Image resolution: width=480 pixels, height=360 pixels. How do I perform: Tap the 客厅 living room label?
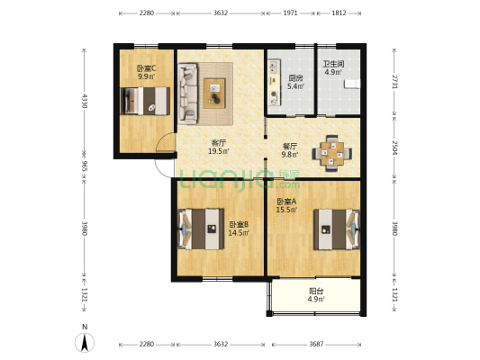(x=218, y=143)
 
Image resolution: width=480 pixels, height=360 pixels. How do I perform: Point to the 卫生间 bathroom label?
(x=333, y=64)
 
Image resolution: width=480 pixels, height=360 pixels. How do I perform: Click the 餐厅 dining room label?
(x=289, y=145)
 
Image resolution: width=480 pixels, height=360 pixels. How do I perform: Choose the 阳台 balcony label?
(x=316, y=291)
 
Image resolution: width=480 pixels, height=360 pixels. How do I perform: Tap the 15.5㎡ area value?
(x=287, y=210)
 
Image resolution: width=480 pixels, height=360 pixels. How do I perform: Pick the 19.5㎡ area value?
(x=218, y=152)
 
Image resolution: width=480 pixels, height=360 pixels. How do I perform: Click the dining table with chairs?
(x=331, y=153)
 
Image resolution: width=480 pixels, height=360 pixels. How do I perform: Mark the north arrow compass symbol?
(x=85, y=341)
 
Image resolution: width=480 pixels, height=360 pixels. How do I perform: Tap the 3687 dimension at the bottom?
(x=314, y=345)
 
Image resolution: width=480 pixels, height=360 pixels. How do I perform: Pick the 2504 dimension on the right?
(x=395, y=148)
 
